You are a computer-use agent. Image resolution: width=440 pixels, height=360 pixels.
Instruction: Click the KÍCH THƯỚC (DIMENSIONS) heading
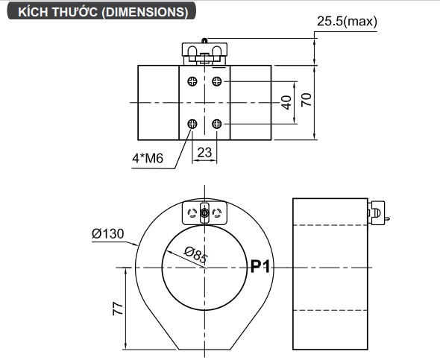pyautogui.click(x=103, y=12)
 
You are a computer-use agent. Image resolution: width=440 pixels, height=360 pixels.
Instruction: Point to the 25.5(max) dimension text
pyautogui.click(x=347, y=22)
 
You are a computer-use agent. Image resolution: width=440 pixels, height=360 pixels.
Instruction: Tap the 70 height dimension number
pyautogui.click(x=307, y=100)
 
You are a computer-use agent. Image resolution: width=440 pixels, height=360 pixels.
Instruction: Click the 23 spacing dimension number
pyautogui.click(x=204, y=153)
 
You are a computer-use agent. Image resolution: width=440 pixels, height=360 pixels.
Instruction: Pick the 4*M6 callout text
pyautogui.click(x=148, y=159)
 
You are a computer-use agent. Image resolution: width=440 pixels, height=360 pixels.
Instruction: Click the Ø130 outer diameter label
pyautogui.click(x=107, y=233)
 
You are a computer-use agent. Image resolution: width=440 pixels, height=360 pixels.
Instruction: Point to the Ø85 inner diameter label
pyautogui.click(x=196, y=255)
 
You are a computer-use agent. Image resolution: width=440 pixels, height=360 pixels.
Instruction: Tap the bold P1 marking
pyautogui.click(x=260, y=266)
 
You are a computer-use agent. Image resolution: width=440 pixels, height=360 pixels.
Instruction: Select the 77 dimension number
pyautogui.click(x=118, y=309)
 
